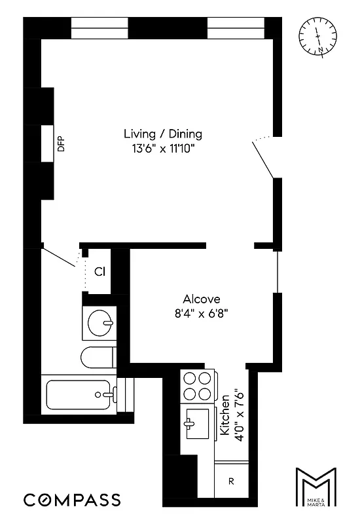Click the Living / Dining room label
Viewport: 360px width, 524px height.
pyautogui.click(x=163, y=134)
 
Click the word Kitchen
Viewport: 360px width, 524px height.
pyautogui.click(x=225, y=415)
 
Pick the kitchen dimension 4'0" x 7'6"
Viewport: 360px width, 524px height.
pyautogui.click(x=240, y=415)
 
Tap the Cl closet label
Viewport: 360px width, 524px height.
pyautogui.click(x=99, y=271)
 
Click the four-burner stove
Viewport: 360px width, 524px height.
pyautogui.click(x=198, y=386)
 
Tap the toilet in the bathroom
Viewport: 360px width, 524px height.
pyautogui.click(x=98, y=358)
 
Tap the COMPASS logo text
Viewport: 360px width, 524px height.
pyautogui.click(x=72, y=500)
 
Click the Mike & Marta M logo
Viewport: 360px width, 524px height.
pyautogui.click(x=316, y=487)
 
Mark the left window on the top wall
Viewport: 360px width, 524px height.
pyautogui.click(x=99, y=28)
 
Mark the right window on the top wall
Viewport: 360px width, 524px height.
pyautogui.click(x=236, y=28)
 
